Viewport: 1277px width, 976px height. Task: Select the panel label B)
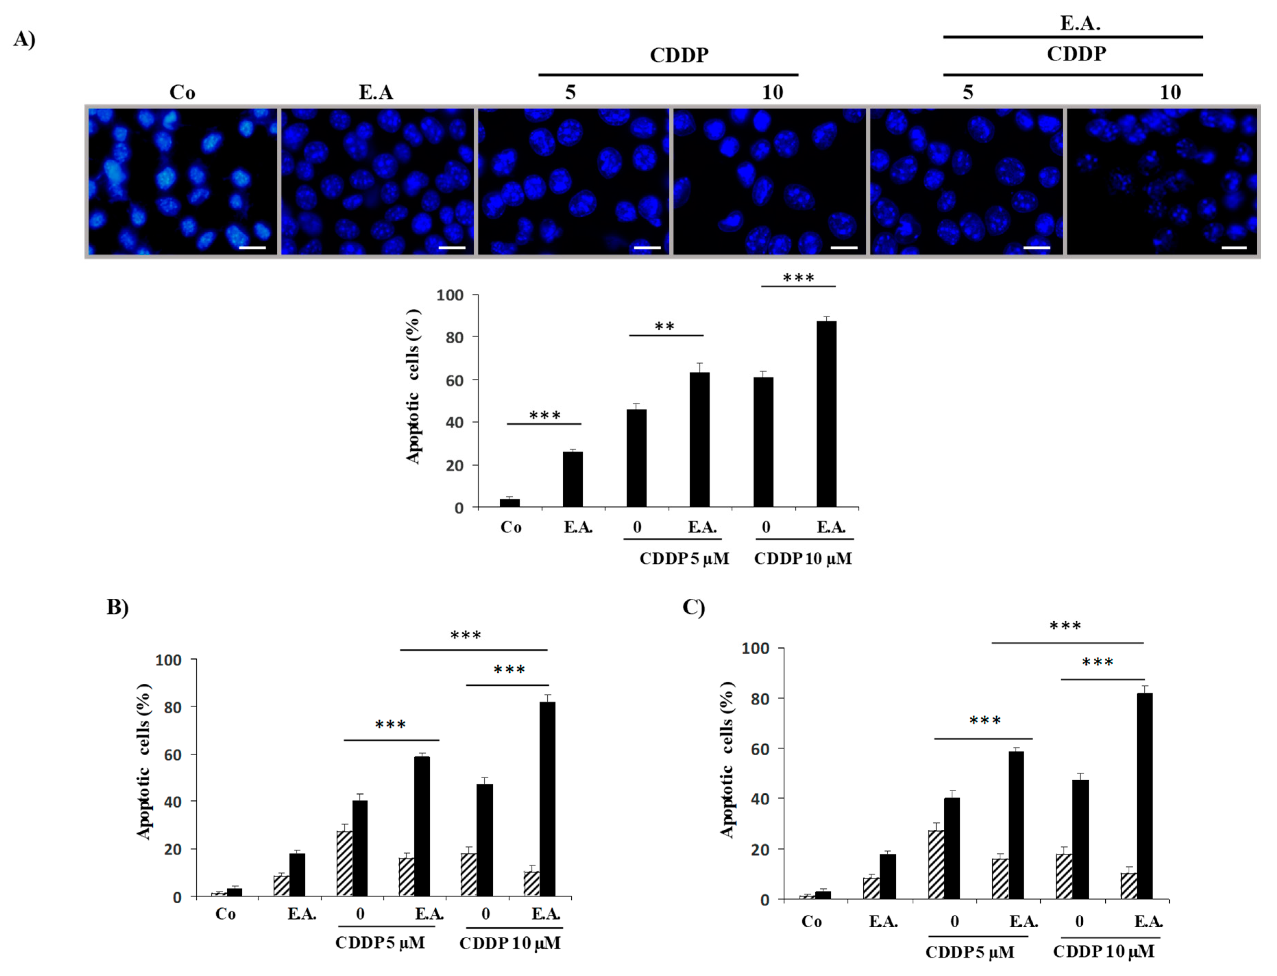117,607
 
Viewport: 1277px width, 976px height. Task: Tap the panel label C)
693,607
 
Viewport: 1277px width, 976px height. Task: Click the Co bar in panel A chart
510,502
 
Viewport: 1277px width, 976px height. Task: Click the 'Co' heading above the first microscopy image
182,93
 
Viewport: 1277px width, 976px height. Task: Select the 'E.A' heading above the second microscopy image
376,93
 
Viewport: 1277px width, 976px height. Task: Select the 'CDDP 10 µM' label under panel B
510,943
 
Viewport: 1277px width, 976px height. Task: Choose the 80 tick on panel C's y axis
759,699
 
